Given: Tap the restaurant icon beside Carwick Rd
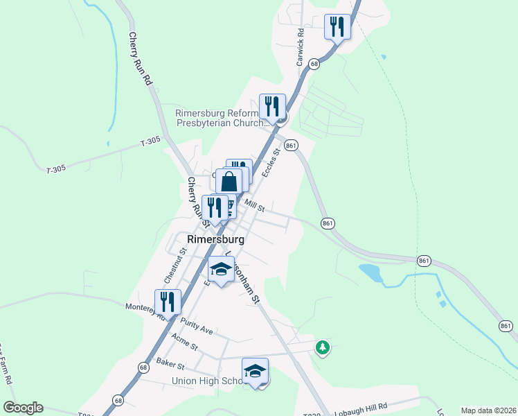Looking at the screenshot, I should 337,27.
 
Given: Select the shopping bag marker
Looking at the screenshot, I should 229,182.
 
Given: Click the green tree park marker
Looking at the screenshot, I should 322,347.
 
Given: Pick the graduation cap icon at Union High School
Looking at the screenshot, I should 255,371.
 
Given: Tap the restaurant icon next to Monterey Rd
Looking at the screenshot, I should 168,302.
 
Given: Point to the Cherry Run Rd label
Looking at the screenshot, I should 139,58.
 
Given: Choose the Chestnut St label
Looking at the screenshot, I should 175,266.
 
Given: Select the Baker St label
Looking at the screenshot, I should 170,363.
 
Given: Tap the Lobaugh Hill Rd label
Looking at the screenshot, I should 360,406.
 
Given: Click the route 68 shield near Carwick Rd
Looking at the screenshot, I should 314,63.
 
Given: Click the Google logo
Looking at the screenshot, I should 23,408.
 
